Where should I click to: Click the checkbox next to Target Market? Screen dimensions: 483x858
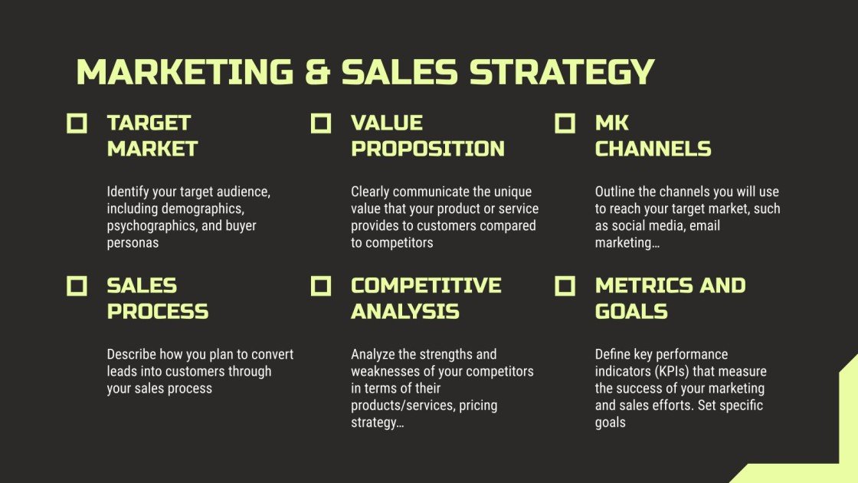(x=77, y=123)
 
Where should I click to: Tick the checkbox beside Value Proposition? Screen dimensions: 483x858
(x=321, y=123)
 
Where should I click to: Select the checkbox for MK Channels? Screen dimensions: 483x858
(x=565, y=123)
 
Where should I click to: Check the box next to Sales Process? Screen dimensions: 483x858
(x=77, y=286)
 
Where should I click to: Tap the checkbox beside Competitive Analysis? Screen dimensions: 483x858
(x=321, y=286)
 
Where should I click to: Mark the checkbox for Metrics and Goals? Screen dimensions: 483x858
(x=565, y=286)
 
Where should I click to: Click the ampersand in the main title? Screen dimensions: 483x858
(x=317, y=72)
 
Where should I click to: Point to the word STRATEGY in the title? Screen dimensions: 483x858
(x=562, y=72)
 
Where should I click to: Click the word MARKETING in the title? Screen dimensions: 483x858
(x=185, y=72)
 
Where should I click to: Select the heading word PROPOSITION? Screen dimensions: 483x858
(x=427, y=149)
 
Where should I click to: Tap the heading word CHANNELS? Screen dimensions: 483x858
(x=653, y=149)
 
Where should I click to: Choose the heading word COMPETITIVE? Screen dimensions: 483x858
(x=426, y=286)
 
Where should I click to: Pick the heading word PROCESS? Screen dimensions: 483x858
(x=158, y=311)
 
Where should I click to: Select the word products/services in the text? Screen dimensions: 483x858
(x=401, y=406)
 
